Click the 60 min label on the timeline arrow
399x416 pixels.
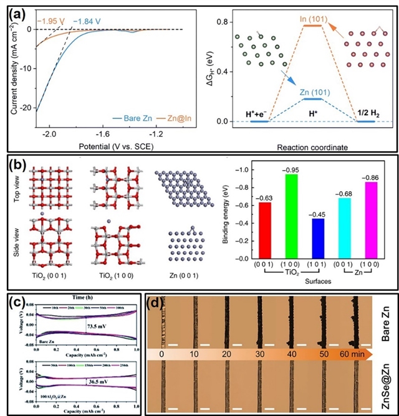(351, 354)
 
